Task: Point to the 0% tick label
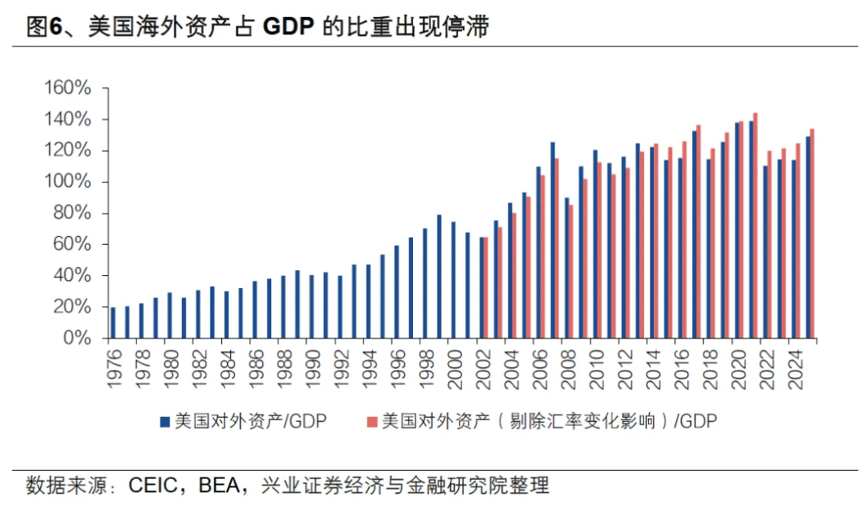[79, 337]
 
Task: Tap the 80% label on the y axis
[74, 213]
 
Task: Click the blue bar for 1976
[113, 322]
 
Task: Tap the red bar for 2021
[755, 225]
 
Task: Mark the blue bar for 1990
[311, 306]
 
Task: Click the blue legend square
[164, 421]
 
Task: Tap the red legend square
[372, 421]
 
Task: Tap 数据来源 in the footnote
[59, 486]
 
